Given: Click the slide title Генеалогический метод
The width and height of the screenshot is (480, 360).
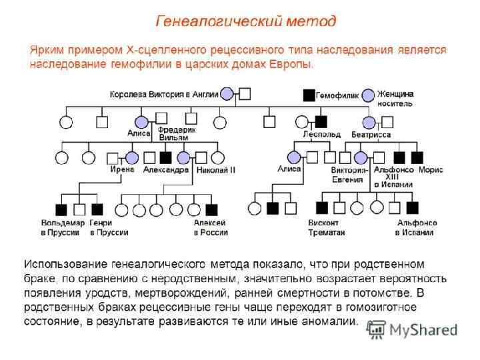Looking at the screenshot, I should pyautogui.click(x=246, y=21).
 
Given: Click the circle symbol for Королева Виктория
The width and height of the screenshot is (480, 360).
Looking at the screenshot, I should pyautogui.click(x=227, y=94).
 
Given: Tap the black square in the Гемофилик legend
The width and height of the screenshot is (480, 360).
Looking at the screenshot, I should pyautogui.click(x=308, y=95).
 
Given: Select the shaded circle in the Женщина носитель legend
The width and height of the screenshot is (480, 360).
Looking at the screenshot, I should pyautogui.click(x=368, y=95).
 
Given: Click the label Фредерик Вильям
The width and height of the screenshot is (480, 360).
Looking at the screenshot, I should pyautogui.click(x=177, y=133).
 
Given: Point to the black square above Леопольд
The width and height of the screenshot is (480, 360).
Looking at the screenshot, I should pyautogui.click(x=321, y=122).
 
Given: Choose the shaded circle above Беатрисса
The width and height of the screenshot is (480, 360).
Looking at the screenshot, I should pyautogui.click(x=369, y=123).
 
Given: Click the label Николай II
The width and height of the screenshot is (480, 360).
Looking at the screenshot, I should pyautogui.click(x=216, y=170).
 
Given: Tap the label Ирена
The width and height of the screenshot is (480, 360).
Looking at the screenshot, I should pyautogui.click(x=122, y=169).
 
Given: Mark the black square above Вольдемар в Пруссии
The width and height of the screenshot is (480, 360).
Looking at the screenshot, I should pyautogui.click(x=61, y=209).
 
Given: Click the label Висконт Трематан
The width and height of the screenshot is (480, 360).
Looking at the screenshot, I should pyautogui.click(x=325, y=227).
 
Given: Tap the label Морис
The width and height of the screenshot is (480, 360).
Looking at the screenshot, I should pyautogui.click(x=431, y=170).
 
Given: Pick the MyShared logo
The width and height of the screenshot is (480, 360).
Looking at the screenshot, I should pyautogui.click(x=412, y=329).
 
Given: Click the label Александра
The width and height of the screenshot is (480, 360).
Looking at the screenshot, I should pyautogui.click(x=166, y=170).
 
